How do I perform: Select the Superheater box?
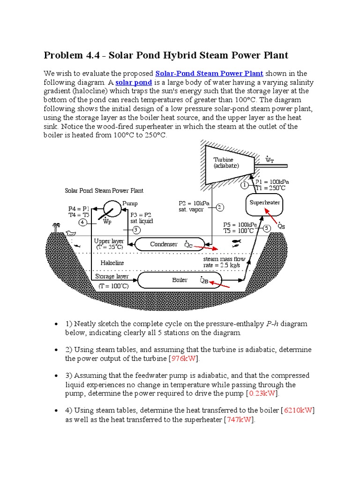[264, 202]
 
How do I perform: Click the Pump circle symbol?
[112, 208]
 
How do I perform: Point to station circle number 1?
[244, 185]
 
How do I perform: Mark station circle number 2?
[219, 207]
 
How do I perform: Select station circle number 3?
[136, 230]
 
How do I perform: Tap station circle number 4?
[83, 222]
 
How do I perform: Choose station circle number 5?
[267, 228]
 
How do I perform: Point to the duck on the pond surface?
[71, 233]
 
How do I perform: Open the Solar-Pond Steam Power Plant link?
[209, 74]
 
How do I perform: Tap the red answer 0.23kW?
[263, 393]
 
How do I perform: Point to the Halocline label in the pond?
[112, 263]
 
